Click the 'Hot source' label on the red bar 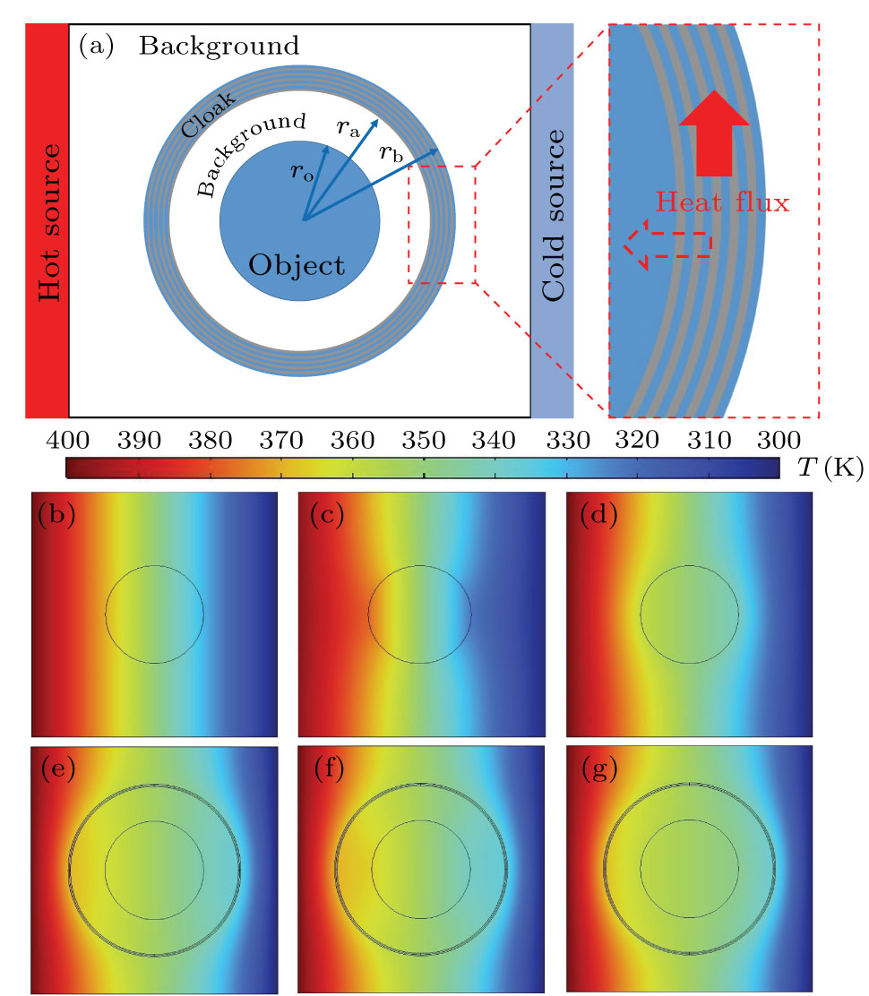[x=47, y=220]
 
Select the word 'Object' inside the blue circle [x=297, y=265]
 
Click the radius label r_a [x=348, y=129]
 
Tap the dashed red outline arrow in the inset [x=667, y=244]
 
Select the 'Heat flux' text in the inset [x=722, y=202]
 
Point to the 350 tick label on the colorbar [x=423, y=440]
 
